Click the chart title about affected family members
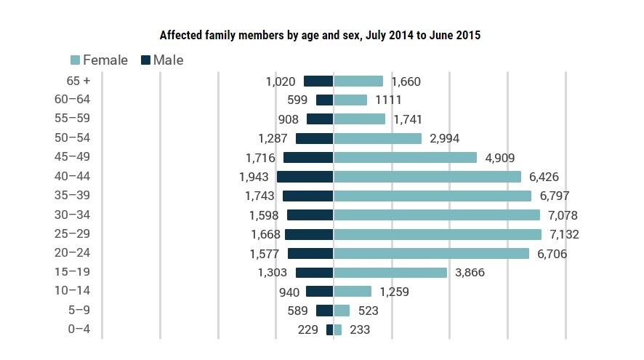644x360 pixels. click(320, 35)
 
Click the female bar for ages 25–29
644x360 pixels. click(437, 234)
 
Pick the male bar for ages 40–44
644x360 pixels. click(305, 177)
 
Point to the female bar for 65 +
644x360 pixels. click(358, 81)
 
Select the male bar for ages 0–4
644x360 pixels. click(329, 329)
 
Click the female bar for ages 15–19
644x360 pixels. click(390, 273)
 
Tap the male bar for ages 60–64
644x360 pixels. click(324, 100)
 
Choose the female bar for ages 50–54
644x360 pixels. click(377, 138)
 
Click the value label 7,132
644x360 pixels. click(564, 234)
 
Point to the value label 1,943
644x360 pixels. click(254, 177)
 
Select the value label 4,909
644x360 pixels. click(499, 158)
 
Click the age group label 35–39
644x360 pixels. click(78, 195)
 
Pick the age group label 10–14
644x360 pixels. click(78, 291)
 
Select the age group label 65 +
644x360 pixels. click(78, 81)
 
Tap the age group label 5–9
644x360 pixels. click(78, 310)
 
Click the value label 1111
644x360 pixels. click(388, 100)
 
